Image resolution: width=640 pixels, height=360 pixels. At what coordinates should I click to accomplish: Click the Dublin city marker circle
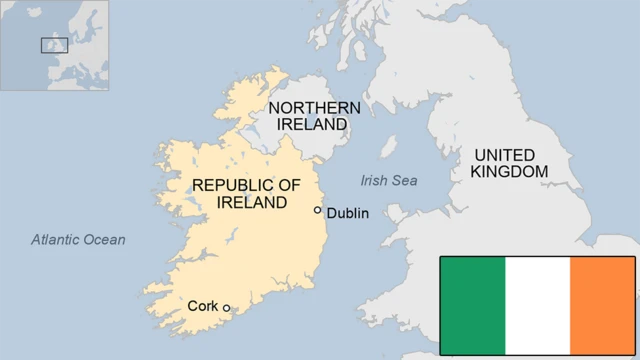pyautogui.click(x=318, y=210)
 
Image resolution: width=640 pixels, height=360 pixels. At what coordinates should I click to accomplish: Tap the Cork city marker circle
pyautogui.click(x=227, y=308)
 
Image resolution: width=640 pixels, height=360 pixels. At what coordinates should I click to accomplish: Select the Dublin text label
pyautogui.click(x=348, y=213)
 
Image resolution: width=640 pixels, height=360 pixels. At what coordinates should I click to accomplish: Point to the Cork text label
pyautogui.click(x=203, y=306)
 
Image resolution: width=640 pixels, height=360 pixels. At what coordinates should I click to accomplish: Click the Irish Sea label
pyautogui.click(x=389, y=180)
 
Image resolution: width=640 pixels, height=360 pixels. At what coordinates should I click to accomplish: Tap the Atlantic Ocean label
pyautogui.click(x=78, y=239)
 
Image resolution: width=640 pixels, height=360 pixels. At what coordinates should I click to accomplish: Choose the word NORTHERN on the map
pyautogui.click(x=308, y=107)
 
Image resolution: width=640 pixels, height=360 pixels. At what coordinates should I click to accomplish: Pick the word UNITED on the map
pyautogui.click(x=505, y=155)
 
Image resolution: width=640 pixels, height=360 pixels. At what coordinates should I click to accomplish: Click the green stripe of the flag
pyautogui.click(x=473, y=305)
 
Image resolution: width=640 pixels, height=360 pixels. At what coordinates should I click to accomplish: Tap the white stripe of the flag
pyautogui.click(x=537, y=305)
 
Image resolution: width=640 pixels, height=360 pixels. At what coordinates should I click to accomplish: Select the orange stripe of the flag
pyautogui.click(x=602, y=305)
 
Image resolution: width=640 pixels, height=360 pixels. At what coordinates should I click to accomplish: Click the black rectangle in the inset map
pyautogui.click(x=54, y=45)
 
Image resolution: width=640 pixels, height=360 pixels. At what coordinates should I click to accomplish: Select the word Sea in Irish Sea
pyautogui.click(x=405, y=180)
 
